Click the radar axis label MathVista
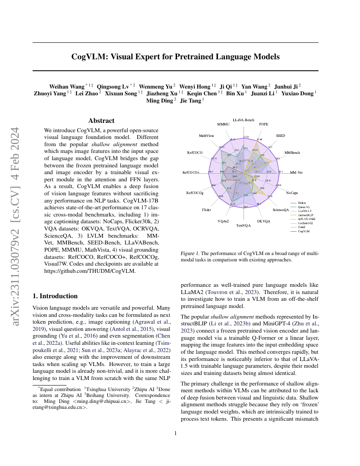206,136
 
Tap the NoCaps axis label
292,193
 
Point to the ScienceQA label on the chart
280,210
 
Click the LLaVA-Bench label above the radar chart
244,120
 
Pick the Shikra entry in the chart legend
302,203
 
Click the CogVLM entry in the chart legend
303,231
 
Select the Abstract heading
101,121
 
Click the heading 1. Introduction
55,296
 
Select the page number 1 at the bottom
175,433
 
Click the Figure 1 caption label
191,253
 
